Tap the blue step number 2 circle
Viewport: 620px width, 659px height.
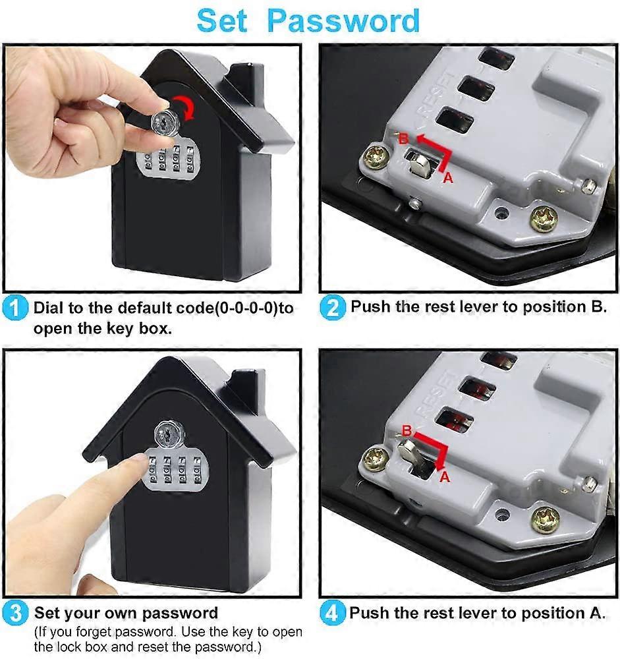(x=333, y=307)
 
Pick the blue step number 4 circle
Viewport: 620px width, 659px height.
(x=333, y=614)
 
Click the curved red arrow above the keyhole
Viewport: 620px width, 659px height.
(x=186, y=106)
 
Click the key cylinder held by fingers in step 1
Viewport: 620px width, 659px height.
(x=161, y=122)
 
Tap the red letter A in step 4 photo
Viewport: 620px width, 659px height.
(x=444, y=476)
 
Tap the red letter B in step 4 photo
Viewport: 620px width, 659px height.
(x=407, y=430)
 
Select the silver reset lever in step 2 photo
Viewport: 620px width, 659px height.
(x=419, y=163)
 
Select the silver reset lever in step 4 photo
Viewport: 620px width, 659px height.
(x=409, y=453)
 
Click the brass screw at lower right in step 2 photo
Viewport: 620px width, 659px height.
(x=544, y=219)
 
